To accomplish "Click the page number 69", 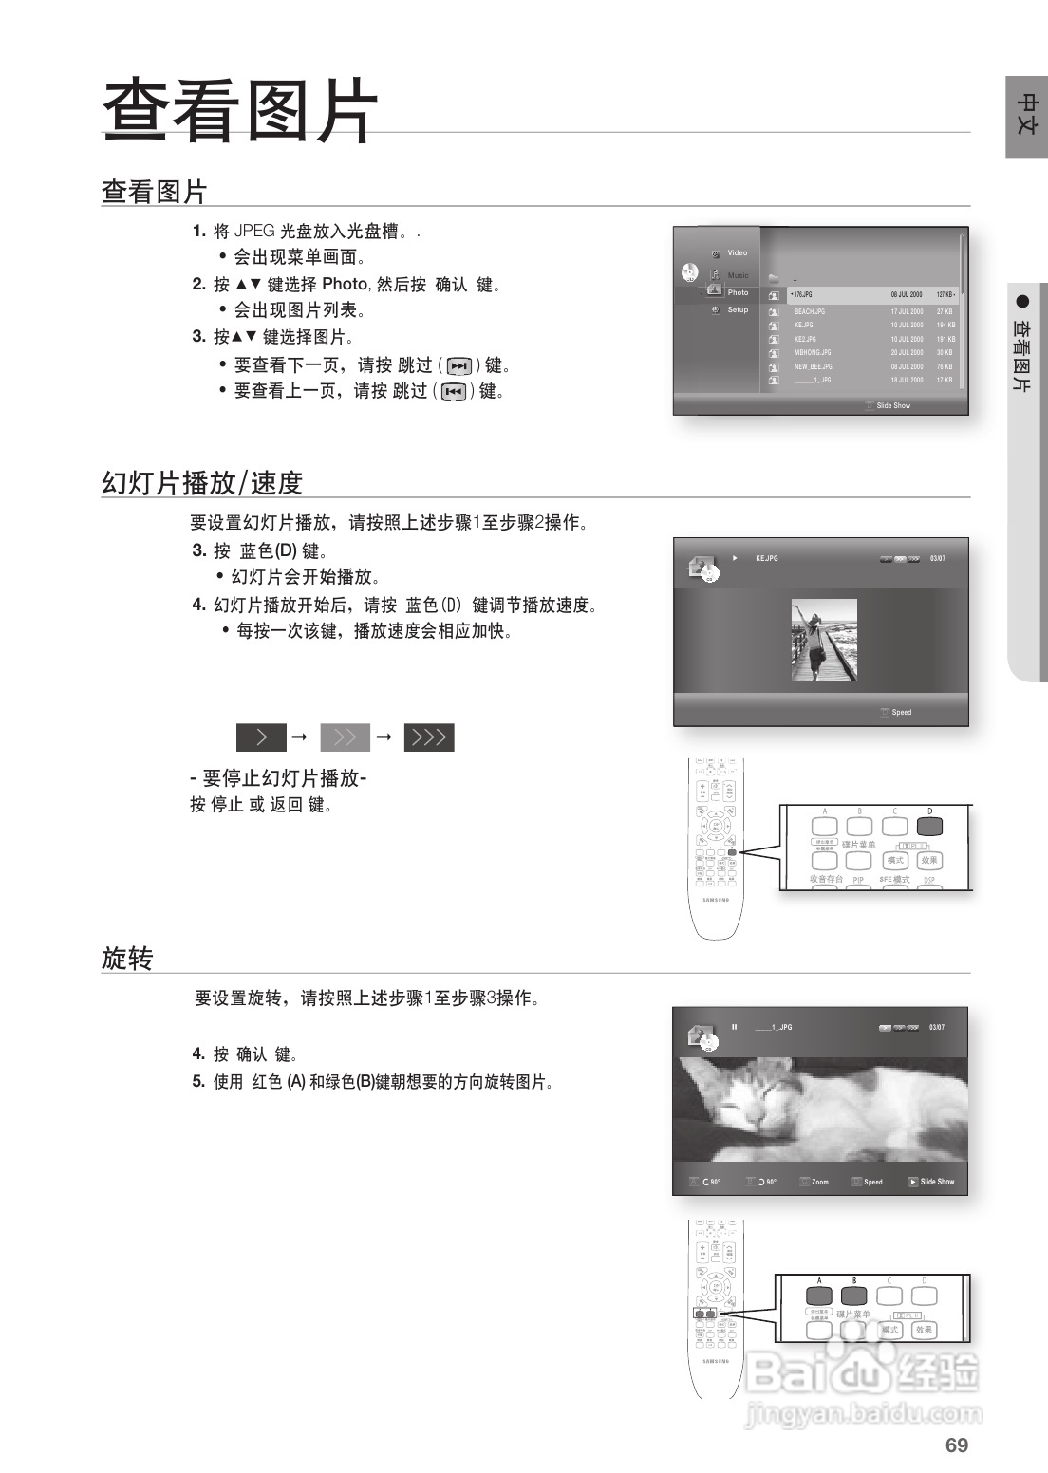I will point(956,1445).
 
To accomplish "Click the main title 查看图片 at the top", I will point(240,111).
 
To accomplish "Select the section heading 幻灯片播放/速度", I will point(201,483).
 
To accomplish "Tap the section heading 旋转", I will point(127,959).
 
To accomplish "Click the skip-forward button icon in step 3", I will point(459,366).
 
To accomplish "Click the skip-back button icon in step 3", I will point(454,392).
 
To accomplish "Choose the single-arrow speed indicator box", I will point(261,737).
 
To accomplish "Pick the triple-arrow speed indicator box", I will point(429,737).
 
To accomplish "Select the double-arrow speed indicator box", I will point(346,737).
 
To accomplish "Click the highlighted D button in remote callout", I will point(929,825).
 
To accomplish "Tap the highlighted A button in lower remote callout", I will point(819,1296).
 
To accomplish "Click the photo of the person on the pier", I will point(824,640).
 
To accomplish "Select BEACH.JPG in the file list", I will point(810,311).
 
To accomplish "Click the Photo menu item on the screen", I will point(738,292).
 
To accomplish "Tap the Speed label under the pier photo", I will point(901,712).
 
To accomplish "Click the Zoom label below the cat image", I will point(819,1182).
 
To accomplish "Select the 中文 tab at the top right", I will point(1026,115).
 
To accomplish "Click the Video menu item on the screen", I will point(738,252).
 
